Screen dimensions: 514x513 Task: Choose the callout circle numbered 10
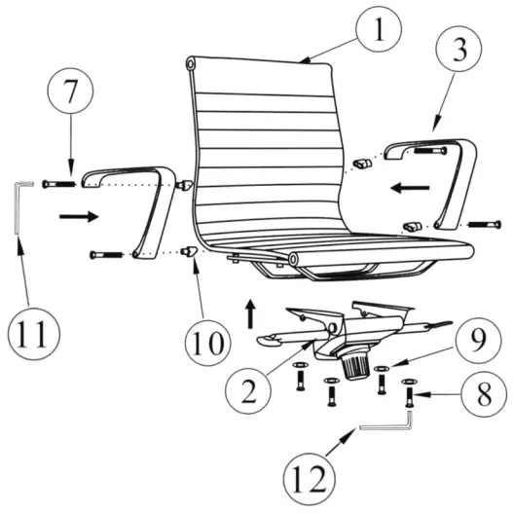(208, 343)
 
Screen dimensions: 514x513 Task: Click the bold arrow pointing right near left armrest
(78, 215)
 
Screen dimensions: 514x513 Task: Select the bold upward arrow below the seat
(249, 313)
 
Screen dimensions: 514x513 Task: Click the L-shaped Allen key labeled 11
(20, 205)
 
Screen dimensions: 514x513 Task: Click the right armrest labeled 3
(452, 180)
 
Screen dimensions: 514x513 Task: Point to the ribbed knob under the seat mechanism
(354, 366)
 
